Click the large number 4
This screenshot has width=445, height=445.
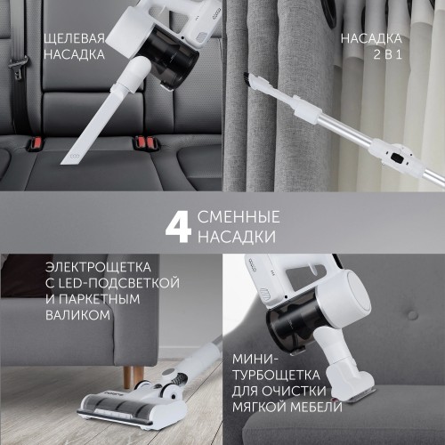[x=177, y=228]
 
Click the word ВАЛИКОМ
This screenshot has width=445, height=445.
[x=77, y=315]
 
